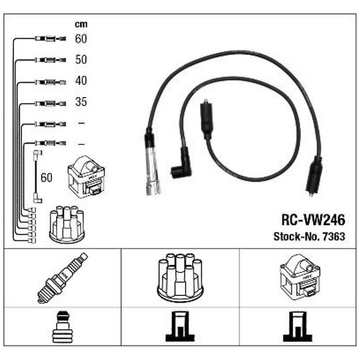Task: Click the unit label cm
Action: (x=81, y=24)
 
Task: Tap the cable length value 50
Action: (x=81, y=60)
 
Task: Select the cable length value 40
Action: (x=81, y=81)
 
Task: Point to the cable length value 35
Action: (x=81, y=102)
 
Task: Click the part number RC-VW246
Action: (x=313, y=220)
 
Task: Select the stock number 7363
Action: (x=334, y=237)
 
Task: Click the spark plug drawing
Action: (x=63, y=278)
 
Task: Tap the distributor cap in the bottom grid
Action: (x=180, y=278)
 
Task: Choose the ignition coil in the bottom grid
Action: (x=300, y=278)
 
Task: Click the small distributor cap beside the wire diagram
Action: (x=67, y=224)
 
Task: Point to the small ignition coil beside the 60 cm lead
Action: (x=86, y=177)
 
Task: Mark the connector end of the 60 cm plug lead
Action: (x=50, y=38)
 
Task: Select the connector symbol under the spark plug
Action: (x=63, y=327)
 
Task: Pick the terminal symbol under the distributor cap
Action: (x=180, y=327)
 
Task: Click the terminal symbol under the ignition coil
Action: (x=298, y=327)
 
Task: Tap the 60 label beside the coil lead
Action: (x=46, y=178)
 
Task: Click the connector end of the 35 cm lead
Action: (x=50, y=104)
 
